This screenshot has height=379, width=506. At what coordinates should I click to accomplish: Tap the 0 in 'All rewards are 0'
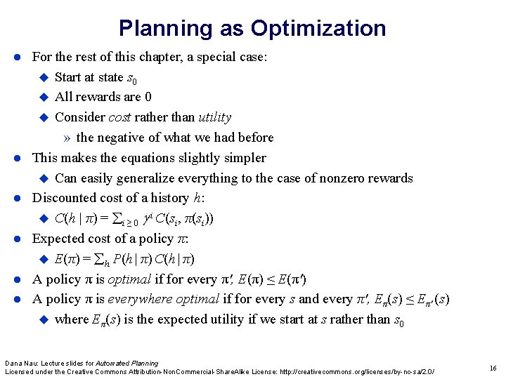(x=148, y=97)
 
